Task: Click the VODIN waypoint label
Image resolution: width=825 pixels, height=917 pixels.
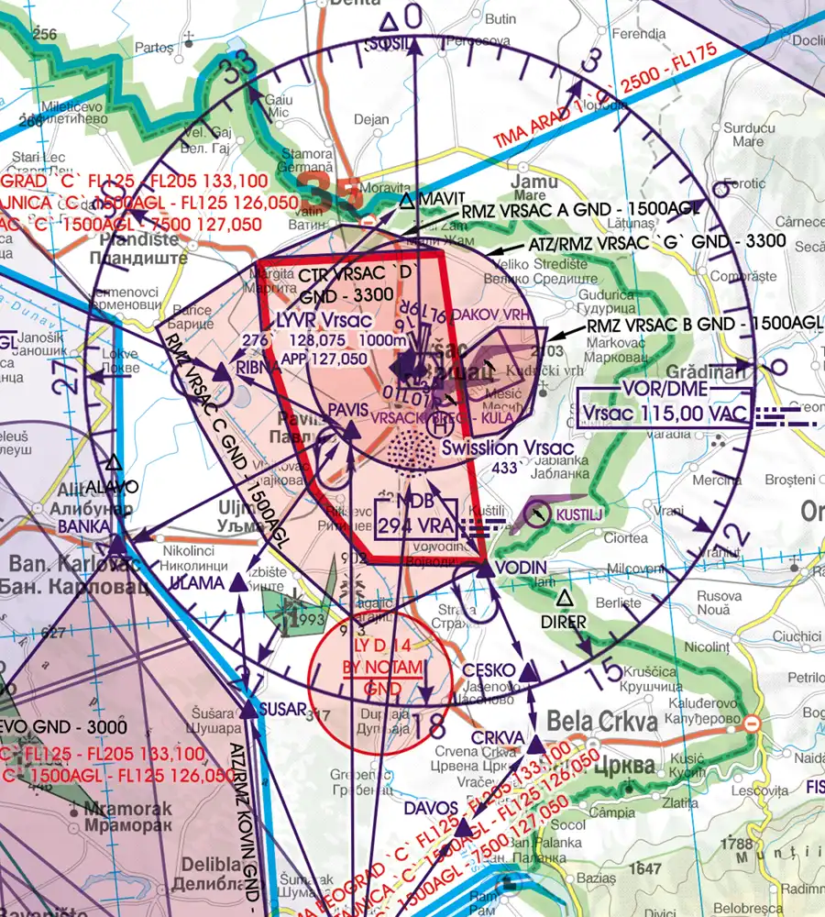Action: (x=522, y=568)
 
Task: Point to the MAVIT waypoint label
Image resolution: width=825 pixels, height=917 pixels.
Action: (x=444, y=199)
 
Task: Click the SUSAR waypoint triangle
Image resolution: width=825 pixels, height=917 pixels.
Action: (x=250, y=711)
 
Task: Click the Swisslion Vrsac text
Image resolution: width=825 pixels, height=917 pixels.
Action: (x=507, y=448)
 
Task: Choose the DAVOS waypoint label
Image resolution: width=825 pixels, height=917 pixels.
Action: (x=431, y=807)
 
